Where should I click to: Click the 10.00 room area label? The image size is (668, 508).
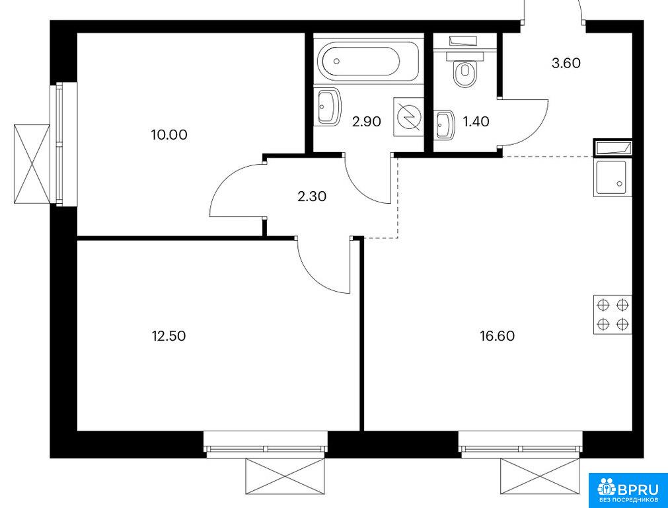[x=169, y=135]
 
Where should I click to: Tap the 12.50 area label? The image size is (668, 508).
[x=169, y=336]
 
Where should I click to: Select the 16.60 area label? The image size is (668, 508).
[x=497, y=336]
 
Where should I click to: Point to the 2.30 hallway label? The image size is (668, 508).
[x=312, y=196]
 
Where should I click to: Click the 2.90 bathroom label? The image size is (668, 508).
[x=367, y=122]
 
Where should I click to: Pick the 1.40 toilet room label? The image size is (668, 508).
[x=476, y=122]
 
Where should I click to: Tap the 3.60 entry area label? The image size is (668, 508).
[x=566, y=63]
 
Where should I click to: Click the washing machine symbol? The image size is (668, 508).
[x=408, y=117]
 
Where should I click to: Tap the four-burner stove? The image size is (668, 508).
[x=612, y=314]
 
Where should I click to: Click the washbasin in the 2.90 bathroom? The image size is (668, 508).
[x=328, y=106]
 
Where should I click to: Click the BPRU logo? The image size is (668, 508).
[x=628, y=491]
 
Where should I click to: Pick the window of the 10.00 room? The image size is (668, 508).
[x=59, y=144]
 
